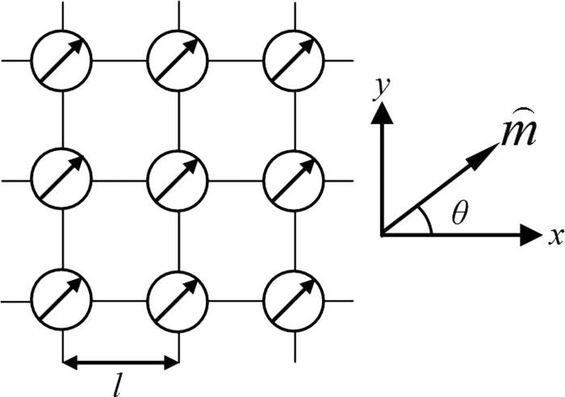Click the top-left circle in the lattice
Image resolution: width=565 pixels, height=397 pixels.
coord(61,61)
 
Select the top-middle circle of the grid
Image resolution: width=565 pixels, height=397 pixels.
coord(178,61)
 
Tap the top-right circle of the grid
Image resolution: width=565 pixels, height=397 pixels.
coord(294,61)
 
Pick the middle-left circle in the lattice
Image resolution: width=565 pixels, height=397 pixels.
coord(61,179)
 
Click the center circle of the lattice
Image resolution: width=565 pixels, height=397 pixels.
coord(178,179)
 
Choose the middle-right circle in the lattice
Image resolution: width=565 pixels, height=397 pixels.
coord(294,179)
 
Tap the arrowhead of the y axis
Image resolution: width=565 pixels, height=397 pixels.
coord(383,113)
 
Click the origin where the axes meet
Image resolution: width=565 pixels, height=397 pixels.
coord(383,235)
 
